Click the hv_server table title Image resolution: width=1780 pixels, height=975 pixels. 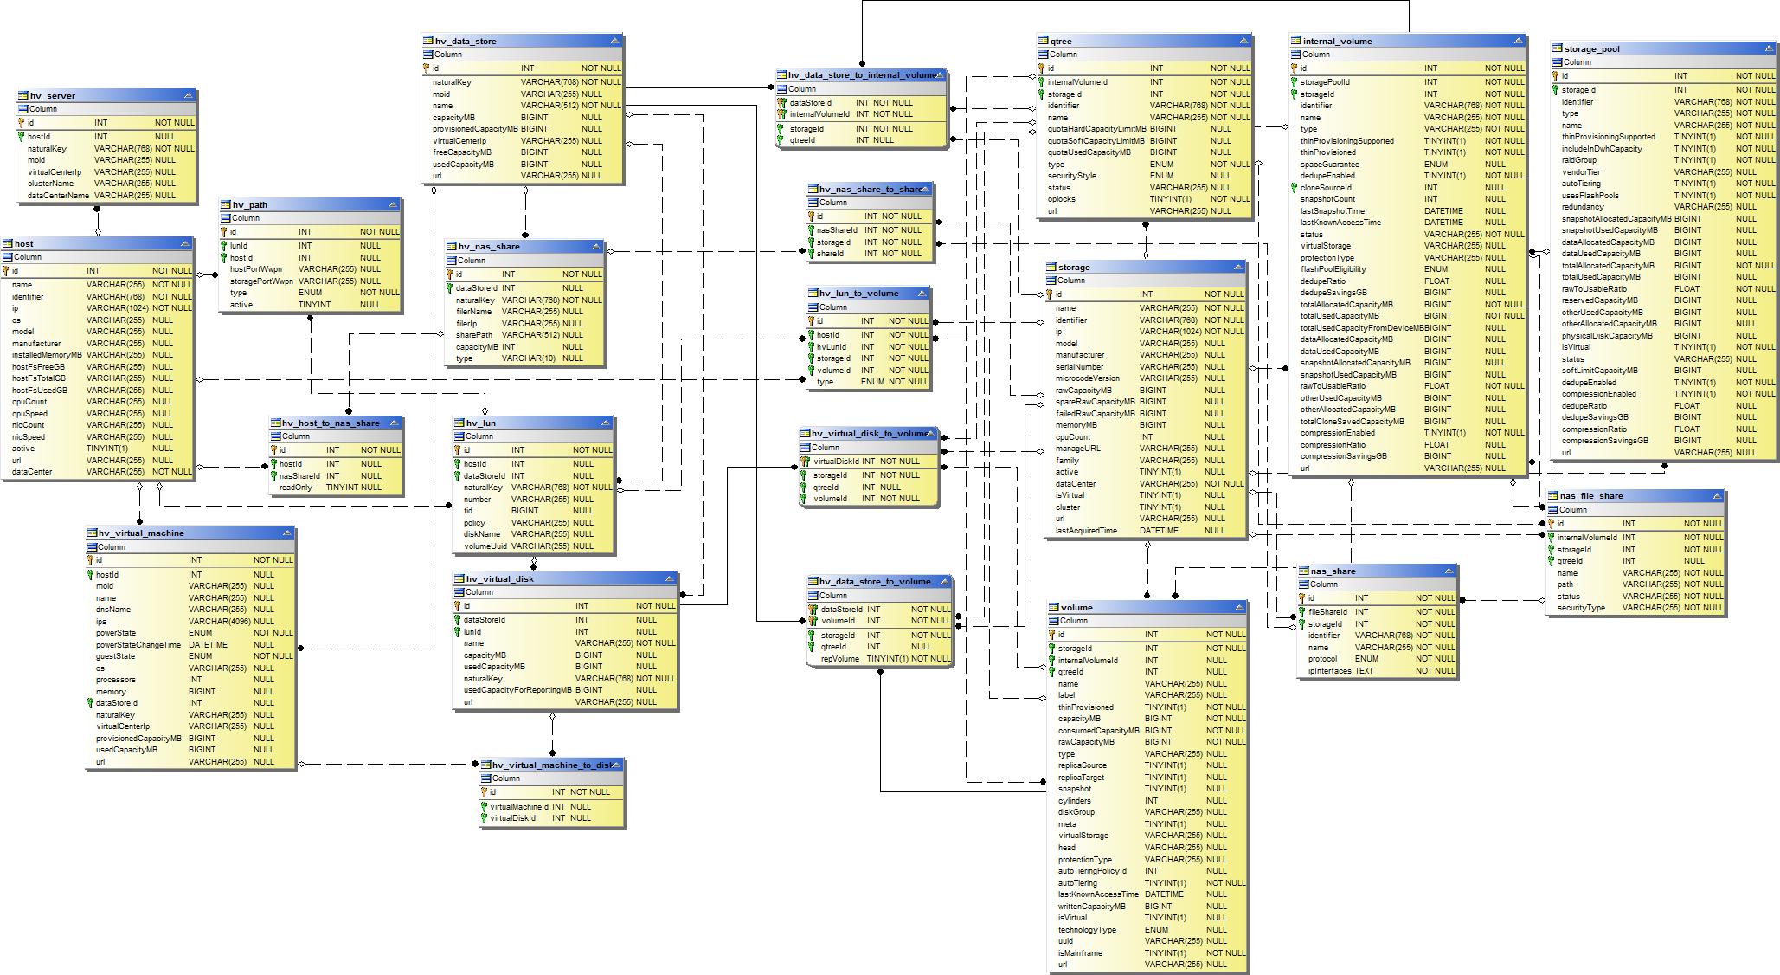pos(52,96)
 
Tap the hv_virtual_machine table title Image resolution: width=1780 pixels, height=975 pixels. pos(141,533)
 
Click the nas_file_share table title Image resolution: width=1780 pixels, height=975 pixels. pos(1590,496)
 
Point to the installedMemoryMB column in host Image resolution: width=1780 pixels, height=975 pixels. pos(47,355)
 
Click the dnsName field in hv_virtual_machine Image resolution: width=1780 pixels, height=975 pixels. pos(112,610)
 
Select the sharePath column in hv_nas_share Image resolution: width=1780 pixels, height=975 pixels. pos(474,335)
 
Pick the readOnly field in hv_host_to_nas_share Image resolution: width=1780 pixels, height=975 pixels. pos(296,487)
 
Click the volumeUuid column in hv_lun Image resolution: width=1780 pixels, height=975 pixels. pos(485,546)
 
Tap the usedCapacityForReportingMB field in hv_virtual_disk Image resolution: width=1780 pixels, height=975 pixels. pos(517,690)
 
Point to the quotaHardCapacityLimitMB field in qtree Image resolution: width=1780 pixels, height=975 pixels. pos(1096,129)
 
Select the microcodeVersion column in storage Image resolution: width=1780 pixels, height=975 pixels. pos(1087,378)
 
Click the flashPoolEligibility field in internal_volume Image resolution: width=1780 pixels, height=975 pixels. pos(1333,269)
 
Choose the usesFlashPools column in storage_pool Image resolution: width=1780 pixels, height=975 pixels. pos(1590,196)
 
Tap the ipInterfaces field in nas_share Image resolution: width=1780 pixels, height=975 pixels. pos(1329,671)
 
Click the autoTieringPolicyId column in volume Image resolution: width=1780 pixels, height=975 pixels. pos(1092,871)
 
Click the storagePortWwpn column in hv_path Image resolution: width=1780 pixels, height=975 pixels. pos(261,281)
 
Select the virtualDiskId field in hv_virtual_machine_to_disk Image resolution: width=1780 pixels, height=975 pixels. pos(512,818)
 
